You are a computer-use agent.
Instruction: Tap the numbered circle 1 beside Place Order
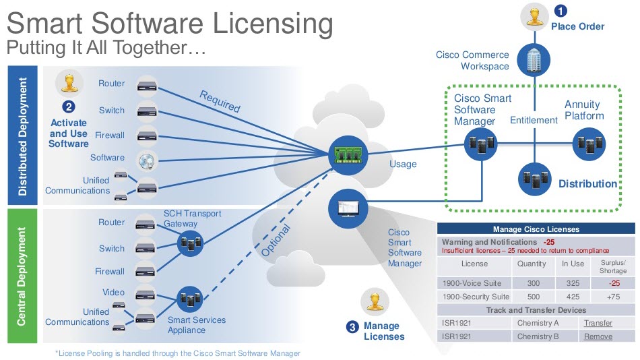click(x=561, y=11)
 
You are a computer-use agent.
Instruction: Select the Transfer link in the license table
click(x=598, y=323)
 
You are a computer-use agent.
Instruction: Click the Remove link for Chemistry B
click(x=598, y=336)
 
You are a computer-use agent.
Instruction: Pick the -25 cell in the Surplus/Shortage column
click(x=613, y=283)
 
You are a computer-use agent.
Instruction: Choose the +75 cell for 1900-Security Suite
click(x=613, y=297)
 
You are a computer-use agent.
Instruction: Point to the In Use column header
click(x=573, y=264)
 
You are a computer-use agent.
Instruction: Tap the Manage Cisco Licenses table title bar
click(x=536, y=229)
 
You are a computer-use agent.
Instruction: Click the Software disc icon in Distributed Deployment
click(x=147, y=159)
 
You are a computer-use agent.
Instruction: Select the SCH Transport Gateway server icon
click(x=190, y=243)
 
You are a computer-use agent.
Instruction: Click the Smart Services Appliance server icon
click(x=190, y=297)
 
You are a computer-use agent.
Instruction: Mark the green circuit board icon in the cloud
click(x=346, y=154)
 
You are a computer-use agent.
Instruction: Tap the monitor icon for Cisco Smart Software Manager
click(x=346, y=206)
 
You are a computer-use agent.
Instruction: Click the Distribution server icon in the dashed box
click(x=534, y=179)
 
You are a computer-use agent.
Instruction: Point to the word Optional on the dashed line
click(x=278, y=240)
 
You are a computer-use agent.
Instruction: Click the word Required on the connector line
click(x=220, y=101)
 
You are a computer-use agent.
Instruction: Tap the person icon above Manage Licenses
click(x=374, y=301)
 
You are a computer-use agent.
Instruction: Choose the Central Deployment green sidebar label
click(x=22, y=276)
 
